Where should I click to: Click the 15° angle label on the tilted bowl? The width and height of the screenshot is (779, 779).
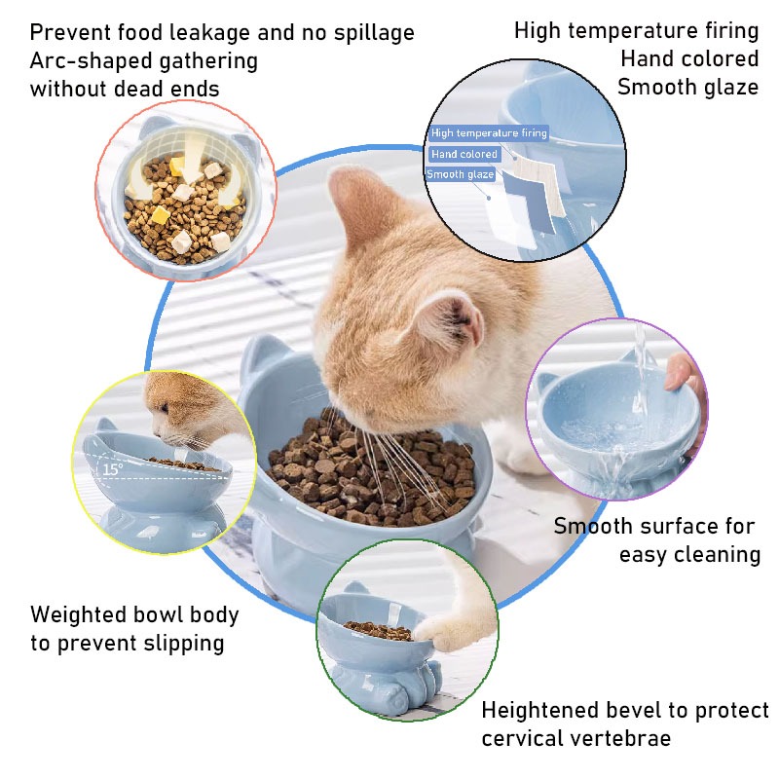[113, 468]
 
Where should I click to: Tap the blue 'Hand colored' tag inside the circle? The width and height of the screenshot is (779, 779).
[464, 154]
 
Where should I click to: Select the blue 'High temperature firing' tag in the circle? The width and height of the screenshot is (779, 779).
[489, 132]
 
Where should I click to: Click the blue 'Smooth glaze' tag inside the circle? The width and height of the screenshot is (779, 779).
[460, 174]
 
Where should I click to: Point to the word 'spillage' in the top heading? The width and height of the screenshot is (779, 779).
[374, 33]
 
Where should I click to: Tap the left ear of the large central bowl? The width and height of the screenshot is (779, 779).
[263, 356]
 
